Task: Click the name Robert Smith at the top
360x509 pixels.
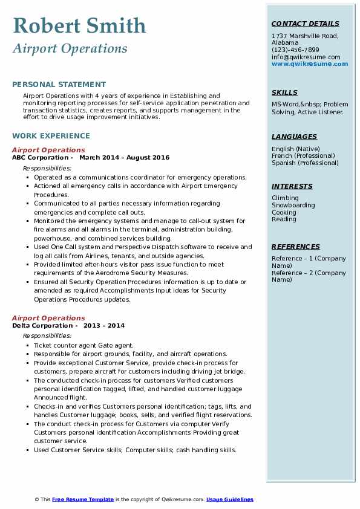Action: (79, 25)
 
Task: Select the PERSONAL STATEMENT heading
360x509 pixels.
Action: (59, 85)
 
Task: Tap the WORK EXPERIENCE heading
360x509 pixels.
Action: (51, 136)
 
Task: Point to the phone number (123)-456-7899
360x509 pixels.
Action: (295, 50)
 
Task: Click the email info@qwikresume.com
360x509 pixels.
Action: (306, 57)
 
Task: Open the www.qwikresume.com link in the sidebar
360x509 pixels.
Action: (310, 63)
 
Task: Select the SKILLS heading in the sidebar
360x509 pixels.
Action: (284, 92)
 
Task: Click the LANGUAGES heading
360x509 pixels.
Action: (294, 137)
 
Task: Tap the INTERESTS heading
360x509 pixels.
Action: (292, 186)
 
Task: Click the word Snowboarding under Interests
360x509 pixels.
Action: (293, 205)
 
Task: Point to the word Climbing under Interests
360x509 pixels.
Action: (285, 198)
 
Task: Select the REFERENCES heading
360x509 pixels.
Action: (296, 247)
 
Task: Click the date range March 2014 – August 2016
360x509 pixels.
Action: (125, 157)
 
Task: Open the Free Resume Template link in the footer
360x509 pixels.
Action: (83, 499)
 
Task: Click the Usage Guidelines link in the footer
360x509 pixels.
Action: (230, 499)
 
